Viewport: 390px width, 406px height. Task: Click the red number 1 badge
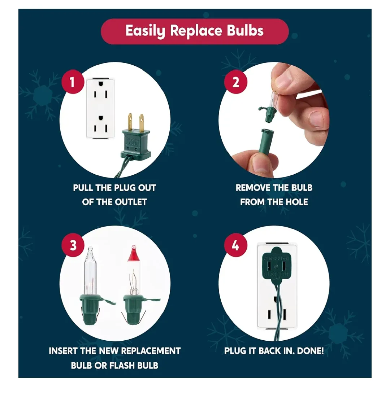[x=72, y=82]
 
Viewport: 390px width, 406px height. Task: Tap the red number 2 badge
[x=235, y=82]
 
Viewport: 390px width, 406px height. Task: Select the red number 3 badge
[x=73, y=245]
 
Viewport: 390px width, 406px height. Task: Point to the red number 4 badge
[x=235, y=245]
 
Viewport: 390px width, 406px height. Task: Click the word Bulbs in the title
[x=245, y=31]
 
